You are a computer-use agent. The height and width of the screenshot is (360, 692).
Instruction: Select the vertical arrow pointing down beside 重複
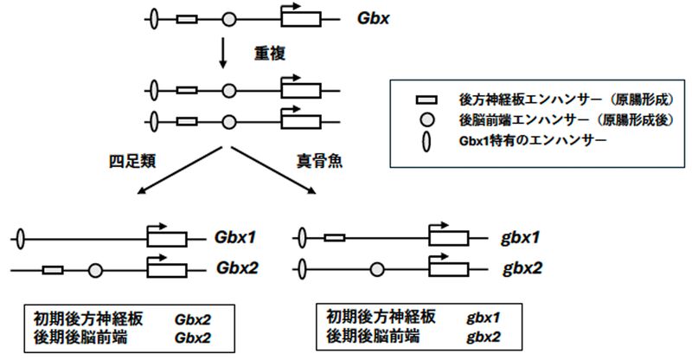click(223, 55)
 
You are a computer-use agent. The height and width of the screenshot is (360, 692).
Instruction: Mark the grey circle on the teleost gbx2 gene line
click(377, 269)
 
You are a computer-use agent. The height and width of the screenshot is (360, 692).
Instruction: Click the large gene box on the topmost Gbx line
click(300, 18)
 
